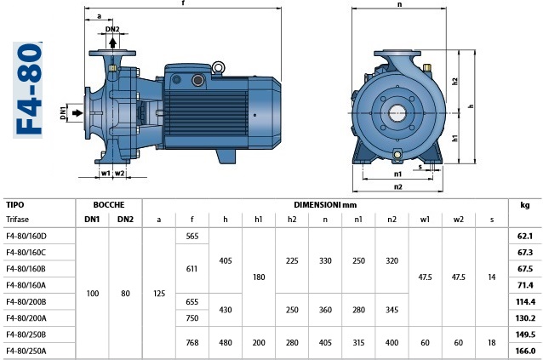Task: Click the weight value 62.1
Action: [x=525, y=236]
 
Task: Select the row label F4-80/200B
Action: [x=26, y=302]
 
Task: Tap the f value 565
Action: [x=191, y=236]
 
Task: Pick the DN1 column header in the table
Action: [x=92, y=220]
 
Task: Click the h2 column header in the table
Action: [x=292, y=220]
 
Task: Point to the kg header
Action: [x=525, y=205]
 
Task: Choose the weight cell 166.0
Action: [x=525, y=351]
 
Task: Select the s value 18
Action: [x=491, y=343]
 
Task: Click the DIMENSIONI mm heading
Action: [x=325, y=205]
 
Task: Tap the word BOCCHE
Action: [x=109, y=205]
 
